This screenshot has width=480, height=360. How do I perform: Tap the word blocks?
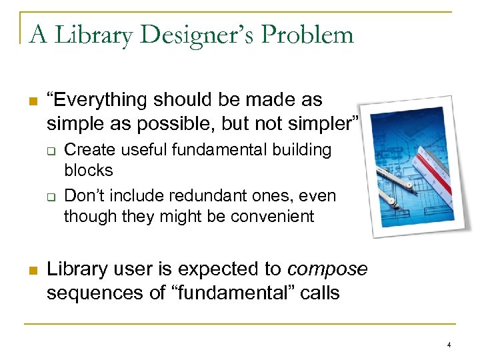[89, 170]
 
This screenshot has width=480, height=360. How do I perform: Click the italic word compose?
[327, 269]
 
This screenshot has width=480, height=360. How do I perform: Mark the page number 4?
[449, 345]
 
